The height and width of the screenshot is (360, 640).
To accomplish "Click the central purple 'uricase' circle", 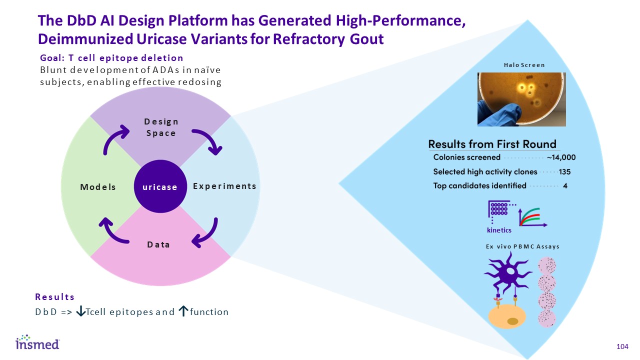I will coord(160,186).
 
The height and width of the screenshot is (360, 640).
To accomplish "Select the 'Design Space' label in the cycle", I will coord(161,127).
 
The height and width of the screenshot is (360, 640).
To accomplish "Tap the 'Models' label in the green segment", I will coord(98,187).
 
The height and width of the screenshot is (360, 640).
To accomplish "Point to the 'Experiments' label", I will coord(224,186).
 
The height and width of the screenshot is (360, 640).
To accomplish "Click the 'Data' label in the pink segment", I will coord(158,244).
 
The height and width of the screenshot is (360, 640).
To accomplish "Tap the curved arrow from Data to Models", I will coord(113,231).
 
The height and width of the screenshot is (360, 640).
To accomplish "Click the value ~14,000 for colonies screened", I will coord(561,157).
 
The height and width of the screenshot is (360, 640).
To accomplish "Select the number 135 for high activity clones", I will coord(565,171).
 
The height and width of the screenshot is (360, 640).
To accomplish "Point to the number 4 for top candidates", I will coord(564,186).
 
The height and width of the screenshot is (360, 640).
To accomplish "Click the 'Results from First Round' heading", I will coord(492,144).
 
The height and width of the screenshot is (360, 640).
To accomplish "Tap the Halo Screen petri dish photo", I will coord(521,99).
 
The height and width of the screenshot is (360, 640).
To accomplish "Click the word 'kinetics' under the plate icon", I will coord(499,230).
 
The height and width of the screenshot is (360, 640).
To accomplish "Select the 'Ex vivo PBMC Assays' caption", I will coord(522,246).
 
